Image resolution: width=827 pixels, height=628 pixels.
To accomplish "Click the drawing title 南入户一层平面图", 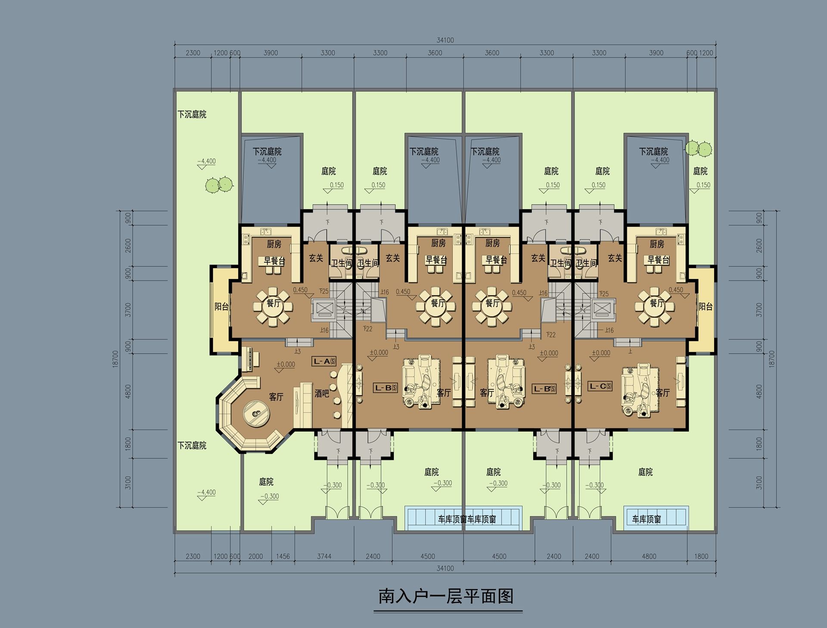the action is pos(446,597).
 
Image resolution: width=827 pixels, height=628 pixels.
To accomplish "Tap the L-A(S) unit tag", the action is pos(324,361).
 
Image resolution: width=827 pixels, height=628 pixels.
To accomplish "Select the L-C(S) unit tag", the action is pos(600,386).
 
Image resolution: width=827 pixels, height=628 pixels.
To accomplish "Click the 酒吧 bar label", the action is pos(322,393).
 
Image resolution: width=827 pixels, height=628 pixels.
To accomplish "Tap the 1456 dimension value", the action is pos(283,556).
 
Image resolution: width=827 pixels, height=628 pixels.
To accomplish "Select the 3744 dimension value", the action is pos(324,556).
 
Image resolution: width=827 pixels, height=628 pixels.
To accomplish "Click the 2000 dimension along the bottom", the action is pos(255,556).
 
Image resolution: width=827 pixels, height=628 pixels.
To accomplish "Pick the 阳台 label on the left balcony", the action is pos(221,307).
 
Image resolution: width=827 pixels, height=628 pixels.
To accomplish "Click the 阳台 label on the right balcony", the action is pos(706,307).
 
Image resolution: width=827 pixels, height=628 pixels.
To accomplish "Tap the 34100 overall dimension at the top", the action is pos(445,40).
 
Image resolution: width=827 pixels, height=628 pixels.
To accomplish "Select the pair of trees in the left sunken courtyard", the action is pos(219,185).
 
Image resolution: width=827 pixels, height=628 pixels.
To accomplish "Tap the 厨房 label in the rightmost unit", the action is pos(657,244).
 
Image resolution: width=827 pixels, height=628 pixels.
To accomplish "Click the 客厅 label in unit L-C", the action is pos(662,393).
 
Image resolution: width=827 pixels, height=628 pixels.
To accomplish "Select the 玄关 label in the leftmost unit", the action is pos(316,258).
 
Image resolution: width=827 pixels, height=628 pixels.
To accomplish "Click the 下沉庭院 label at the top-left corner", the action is pos(192,115).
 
